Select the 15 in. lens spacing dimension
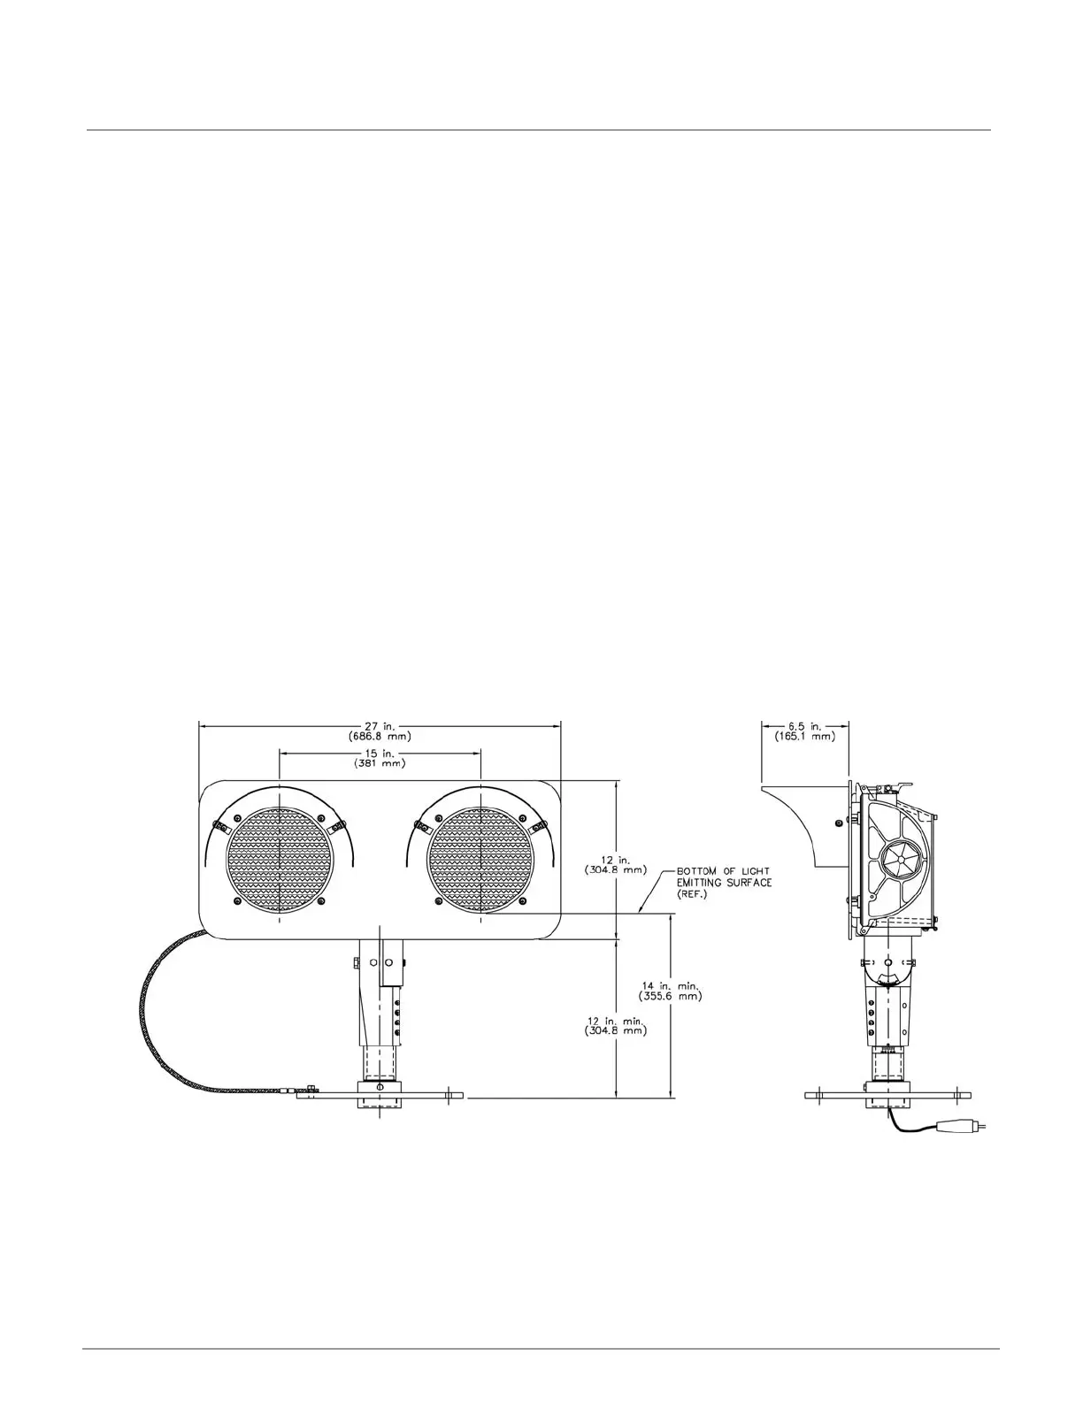[x=380, y=752]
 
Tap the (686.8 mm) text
[x=380, y=735]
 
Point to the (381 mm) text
[x=380, y=762]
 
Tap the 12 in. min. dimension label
[x=616, y=1020]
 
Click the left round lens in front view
[x=280, y=859]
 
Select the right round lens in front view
[x=480, y=859]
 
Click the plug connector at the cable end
[x=961, y=1127]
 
